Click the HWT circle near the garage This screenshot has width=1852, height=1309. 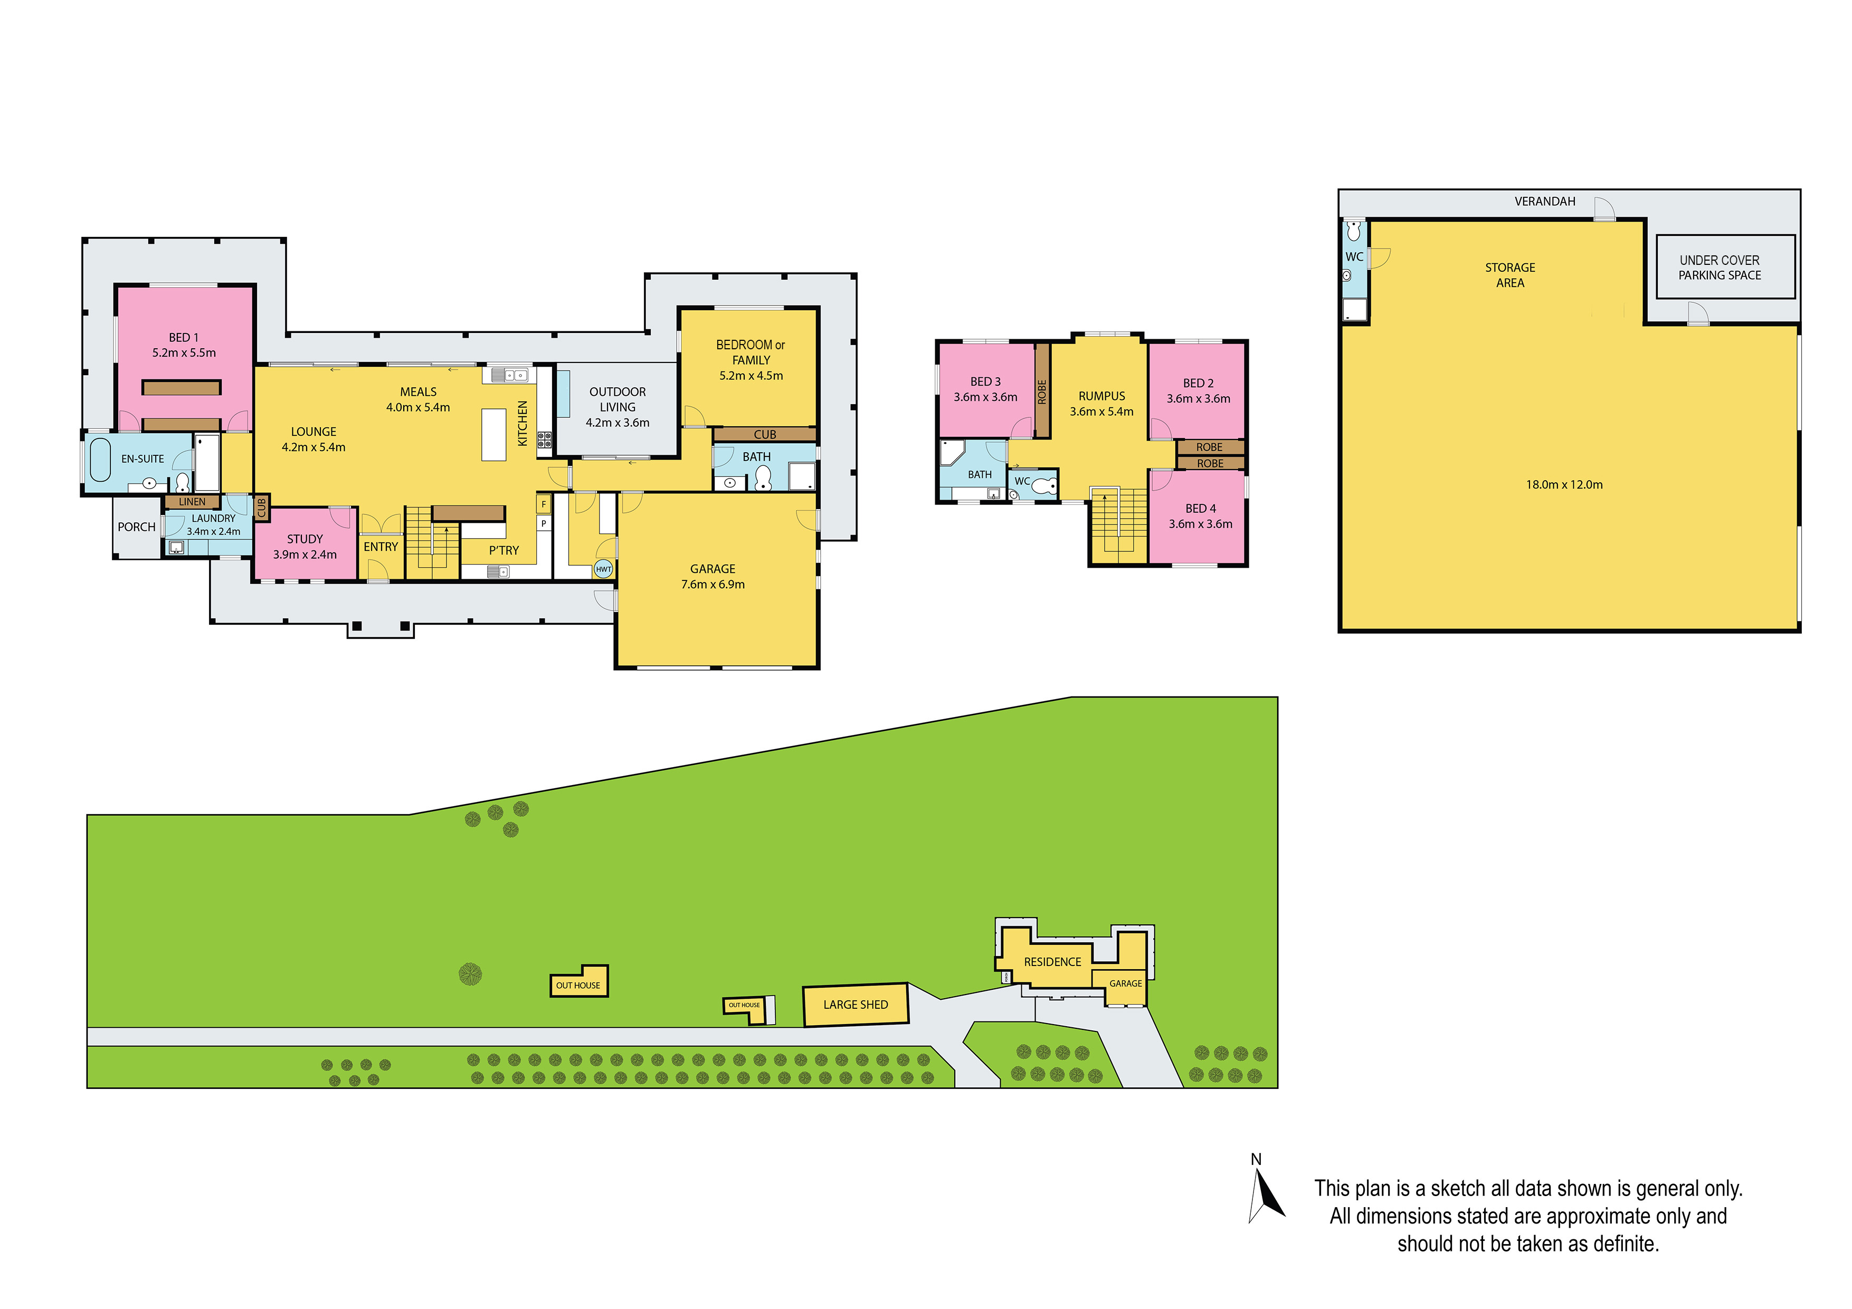603,569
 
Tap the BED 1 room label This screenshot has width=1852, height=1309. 183,337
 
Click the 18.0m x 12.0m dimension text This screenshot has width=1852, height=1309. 1564,485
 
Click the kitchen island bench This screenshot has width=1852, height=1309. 493,434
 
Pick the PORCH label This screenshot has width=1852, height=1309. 136,527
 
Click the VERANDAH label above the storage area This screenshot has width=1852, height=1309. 1545,202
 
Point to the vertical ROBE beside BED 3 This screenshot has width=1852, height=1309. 1042,391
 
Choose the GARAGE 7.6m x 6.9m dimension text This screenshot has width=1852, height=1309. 713,585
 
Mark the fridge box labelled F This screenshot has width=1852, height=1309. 544,504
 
